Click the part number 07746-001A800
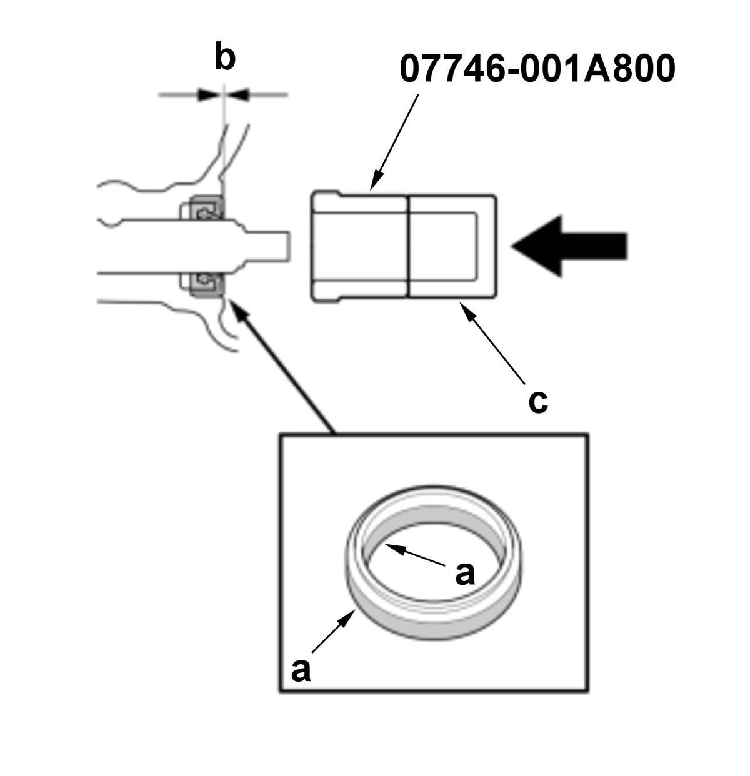[537, 68]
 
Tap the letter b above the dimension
[225, 57]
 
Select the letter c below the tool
[538, 401]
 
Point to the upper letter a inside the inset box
[465, 572]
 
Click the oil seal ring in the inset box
[434, 562]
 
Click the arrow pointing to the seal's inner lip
[415, 556]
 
